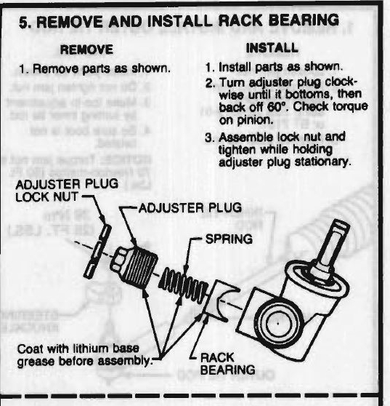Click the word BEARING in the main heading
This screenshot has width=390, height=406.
coord(304,20)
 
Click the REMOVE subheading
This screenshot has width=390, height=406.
coord(86,49)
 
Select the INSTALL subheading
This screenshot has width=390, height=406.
coord(272,48)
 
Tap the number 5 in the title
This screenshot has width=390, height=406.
coord(25,23)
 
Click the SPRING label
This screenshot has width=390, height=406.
coord(229,239)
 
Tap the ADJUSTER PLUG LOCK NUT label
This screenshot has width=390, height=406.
coord(67,191)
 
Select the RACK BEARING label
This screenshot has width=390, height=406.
coord(227,364)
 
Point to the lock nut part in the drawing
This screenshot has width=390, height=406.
coord(98,252)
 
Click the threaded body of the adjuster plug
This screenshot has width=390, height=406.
coord(140,269)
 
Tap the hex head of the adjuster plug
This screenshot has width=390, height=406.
coord(118,261)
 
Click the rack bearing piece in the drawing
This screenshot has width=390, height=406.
coord(219,301)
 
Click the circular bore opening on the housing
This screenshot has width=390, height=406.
coord(279,322)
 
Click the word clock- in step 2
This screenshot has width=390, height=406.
coord(341,82)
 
